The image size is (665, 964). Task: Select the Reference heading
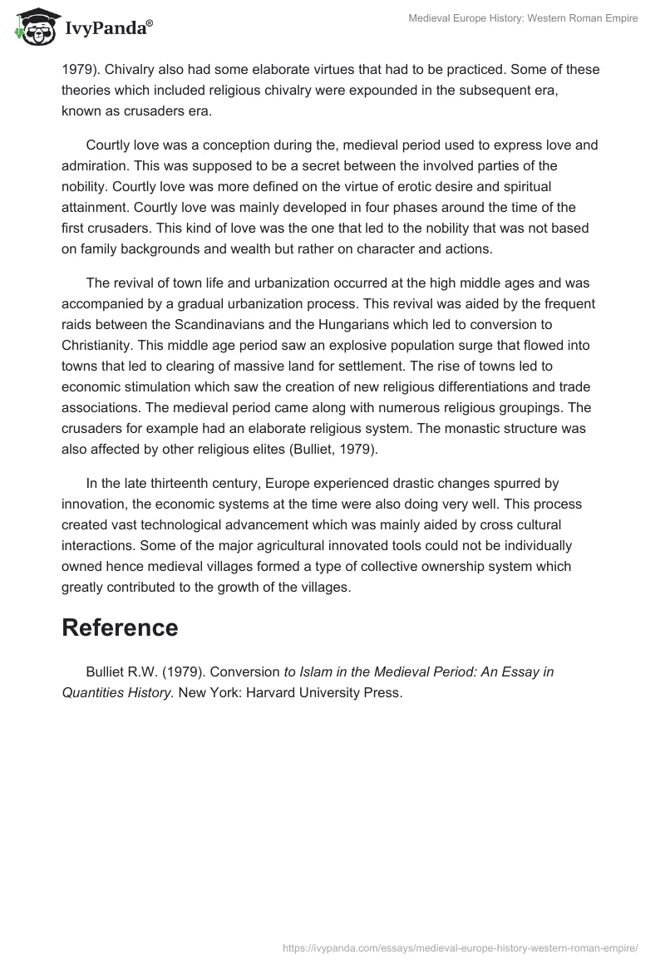(x=120, y=627)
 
